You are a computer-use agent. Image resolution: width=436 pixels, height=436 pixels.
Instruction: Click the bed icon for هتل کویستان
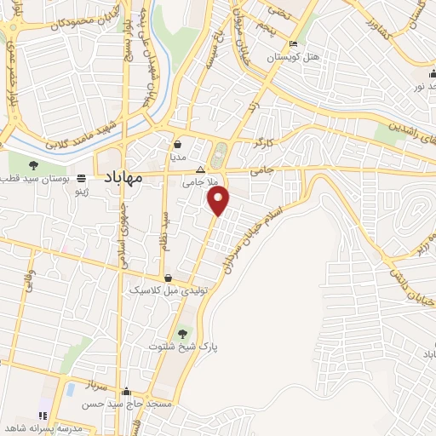click(x=294, y=43)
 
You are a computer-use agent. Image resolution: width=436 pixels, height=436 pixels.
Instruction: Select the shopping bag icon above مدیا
click(x=178, y=145)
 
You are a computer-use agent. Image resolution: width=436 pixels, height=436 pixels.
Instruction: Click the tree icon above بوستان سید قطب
click(x=34, y=165)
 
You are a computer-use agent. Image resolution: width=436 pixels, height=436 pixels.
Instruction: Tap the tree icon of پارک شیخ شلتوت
click(x=181, y=332)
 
